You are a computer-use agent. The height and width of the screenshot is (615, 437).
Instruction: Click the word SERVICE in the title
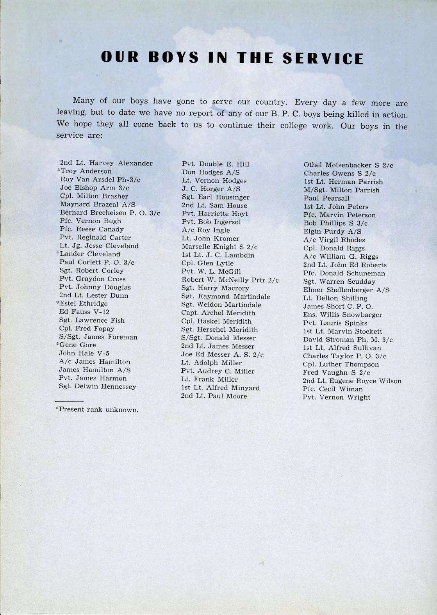[x=323, y=58]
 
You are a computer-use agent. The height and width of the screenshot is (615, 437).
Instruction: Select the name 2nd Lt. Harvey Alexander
[x=106, y=163]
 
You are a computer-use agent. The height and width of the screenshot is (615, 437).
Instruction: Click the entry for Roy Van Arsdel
[x=100, y=180]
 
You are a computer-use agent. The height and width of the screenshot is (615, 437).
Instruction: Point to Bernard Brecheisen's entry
[x=110, y=213]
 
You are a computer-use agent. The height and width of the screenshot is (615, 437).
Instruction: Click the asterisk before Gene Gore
[x=57, y=344]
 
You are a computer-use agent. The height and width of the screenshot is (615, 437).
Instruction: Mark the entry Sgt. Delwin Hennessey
[x=97, y=386]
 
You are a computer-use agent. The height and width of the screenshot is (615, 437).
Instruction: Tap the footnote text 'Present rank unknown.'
[x=98, y=410]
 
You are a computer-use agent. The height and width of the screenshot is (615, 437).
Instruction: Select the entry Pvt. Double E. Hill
[x=215, y=164]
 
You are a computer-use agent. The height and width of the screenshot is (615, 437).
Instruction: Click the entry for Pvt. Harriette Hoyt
[x=214, y=213]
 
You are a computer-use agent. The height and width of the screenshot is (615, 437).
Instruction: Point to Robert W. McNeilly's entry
[x=230, y=280]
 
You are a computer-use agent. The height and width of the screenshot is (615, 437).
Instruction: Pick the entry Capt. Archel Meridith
[x=218, y=313]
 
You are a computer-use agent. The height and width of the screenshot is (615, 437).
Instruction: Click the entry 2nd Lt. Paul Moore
[x=214, y=396]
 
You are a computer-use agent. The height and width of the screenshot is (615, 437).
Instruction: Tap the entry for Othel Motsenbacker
[x=348, y=165]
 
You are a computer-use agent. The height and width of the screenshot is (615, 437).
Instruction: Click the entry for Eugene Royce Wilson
[x=352, y=381]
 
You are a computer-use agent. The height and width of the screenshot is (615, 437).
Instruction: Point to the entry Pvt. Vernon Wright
[x=336, y=397]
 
